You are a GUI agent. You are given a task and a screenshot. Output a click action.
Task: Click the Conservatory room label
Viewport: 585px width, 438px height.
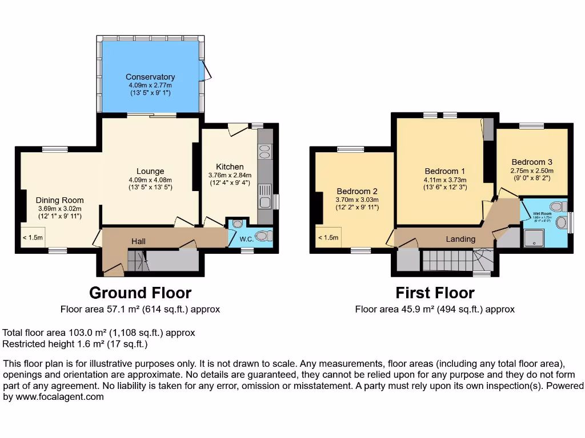coord(150,77)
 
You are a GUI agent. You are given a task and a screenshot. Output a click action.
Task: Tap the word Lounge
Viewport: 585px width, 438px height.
coord(150,171)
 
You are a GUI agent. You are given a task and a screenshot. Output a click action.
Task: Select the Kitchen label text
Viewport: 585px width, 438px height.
coord(230,167)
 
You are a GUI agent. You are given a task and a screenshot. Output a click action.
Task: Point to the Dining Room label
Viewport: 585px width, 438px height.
coord(59,200)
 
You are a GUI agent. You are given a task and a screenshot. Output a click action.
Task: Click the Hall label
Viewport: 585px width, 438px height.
coord(138,241)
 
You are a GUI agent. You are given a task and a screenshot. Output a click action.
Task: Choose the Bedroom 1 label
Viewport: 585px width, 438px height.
coord(444,171)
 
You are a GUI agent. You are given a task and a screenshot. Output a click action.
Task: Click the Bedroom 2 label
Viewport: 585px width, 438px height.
coord(357,191)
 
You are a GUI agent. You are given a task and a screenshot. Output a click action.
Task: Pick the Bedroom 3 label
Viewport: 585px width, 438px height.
coord(531,162)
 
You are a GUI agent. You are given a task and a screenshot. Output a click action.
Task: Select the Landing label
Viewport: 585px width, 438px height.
coord(460,239)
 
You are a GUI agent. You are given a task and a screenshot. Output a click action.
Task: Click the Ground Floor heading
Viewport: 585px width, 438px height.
coord(140,293)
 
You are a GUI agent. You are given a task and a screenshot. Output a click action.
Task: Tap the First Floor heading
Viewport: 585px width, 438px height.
coord(435,293)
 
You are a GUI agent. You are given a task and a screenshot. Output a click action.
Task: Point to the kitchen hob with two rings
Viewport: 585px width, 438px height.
coord(265,151)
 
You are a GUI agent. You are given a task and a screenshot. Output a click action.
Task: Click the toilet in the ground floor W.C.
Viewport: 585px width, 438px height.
coord(262,236)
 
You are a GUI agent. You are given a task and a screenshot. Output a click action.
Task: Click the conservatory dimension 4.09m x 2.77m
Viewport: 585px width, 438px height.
coord(150,85)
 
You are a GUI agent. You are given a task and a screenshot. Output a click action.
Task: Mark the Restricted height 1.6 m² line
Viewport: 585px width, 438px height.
coord(75,344)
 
